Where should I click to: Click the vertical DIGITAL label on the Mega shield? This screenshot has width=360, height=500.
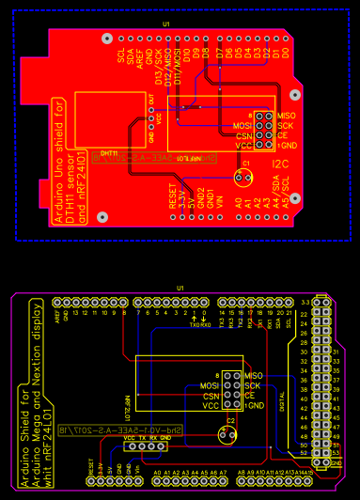coord(283,395)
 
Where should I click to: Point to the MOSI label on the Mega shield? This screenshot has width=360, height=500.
coord(210,385)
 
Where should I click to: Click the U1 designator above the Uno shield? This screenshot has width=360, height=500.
coord(166,23)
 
